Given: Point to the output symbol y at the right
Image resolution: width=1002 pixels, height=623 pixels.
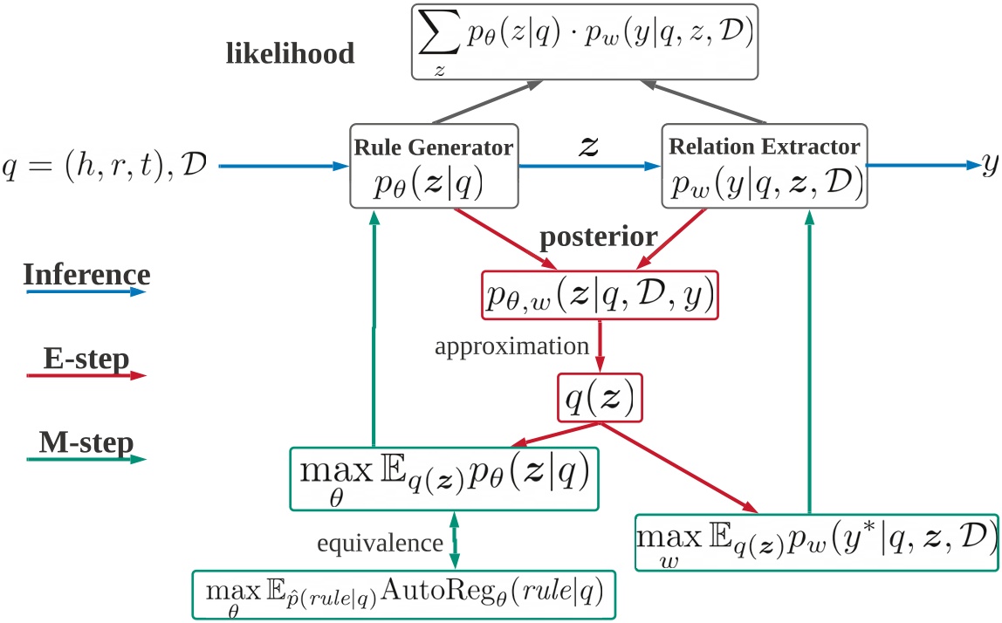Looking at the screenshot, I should click(x=989, y=165).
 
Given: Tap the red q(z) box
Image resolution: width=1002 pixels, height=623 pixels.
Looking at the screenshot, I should click(x=599, y=400).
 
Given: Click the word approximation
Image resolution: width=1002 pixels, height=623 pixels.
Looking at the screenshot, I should click(x=512, y=346).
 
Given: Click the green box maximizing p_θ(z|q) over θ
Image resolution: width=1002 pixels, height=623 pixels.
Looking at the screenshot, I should click(x=443, y=478).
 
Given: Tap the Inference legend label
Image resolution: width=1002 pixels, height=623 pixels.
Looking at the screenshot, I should click(x=86, y=274).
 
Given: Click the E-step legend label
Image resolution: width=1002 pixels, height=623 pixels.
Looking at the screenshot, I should click(x=86, y=358).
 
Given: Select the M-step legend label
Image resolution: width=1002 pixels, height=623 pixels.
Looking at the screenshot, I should click(x=86, y=443).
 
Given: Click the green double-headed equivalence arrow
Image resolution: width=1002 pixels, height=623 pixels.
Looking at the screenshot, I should click(x=454, y=541).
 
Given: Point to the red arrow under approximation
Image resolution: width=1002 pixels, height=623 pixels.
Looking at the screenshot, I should click(x=599, y=347).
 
